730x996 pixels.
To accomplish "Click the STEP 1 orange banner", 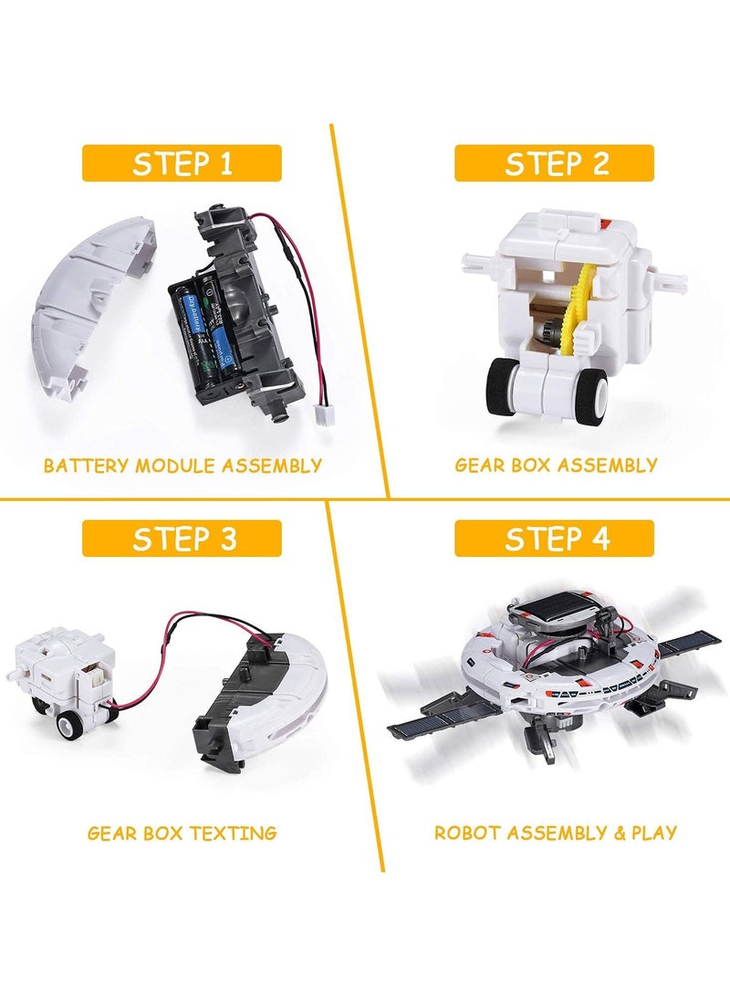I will pyautogui.click(x=182, y=163).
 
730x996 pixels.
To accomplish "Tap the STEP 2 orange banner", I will pyautogui.click(x=555, y=163).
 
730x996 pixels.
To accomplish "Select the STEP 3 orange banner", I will pyautogui.click(x=182, y=538).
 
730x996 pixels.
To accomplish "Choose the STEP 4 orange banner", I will pyautogui.click(x=555, y=538).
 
